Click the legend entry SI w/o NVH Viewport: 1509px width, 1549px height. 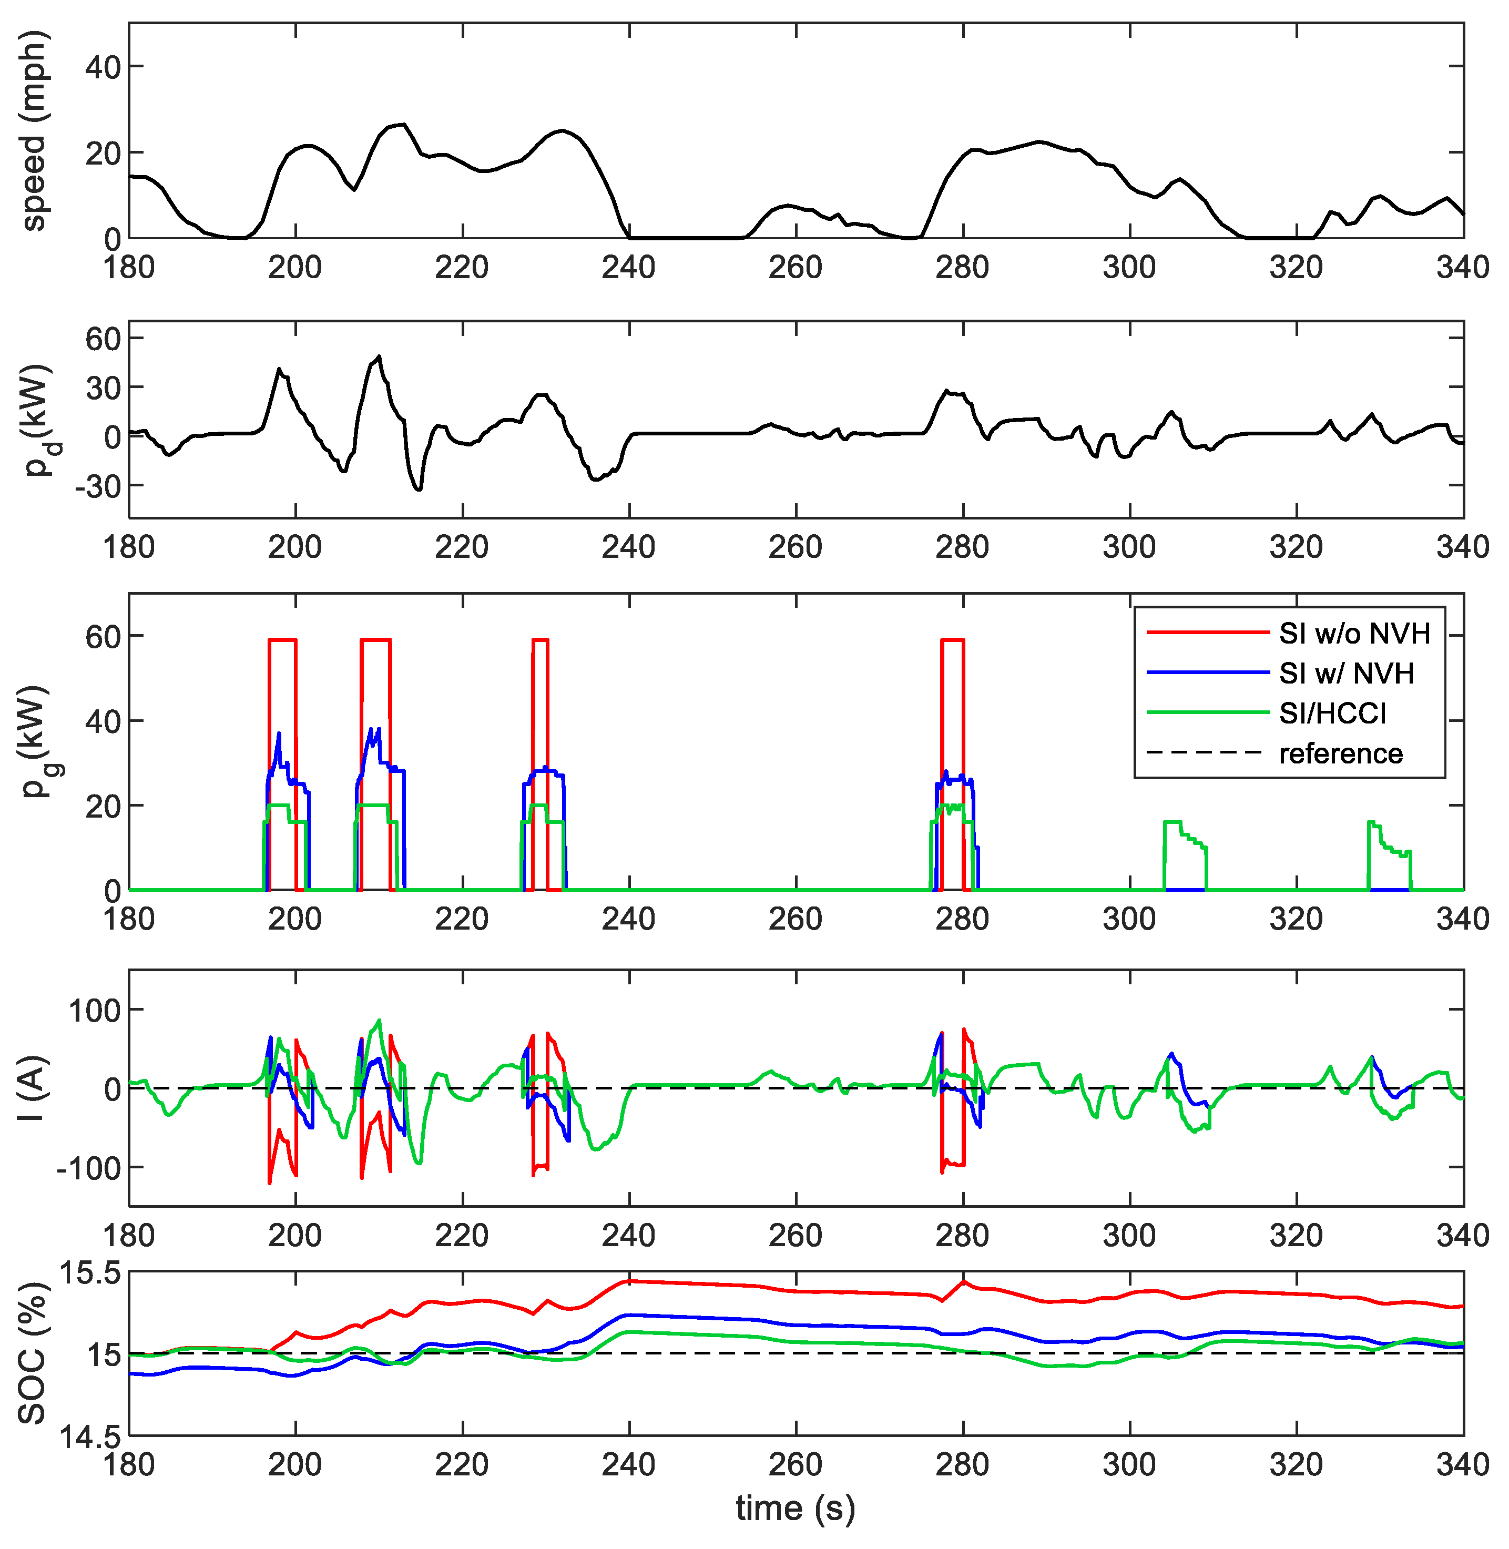1354,634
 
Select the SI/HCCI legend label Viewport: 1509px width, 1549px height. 1332,714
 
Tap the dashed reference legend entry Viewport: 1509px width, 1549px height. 1340,753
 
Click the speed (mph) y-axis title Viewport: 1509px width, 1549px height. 34,131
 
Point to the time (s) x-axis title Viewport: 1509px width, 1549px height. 795,1508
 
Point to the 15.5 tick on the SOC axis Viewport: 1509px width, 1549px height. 90,1275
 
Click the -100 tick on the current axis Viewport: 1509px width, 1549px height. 88,1168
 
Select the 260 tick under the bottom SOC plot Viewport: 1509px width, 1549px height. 795,1464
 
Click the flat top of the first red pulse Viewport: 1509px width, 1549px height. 282,640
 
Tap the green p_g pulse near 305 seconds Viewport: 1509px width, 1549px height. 1173,822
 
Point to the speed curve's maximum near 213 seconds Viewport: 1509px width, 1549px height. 404,125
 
